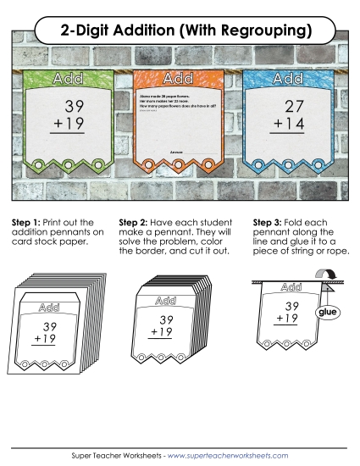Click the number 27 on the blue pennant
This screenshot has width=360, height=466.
[294, 107]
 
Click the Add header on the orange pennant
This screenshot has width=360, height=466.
[178, 79]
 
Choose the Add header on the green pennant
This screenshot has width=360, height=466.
[68, 79]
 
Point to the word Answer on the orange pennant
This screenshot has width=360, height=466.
[176, 151]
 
